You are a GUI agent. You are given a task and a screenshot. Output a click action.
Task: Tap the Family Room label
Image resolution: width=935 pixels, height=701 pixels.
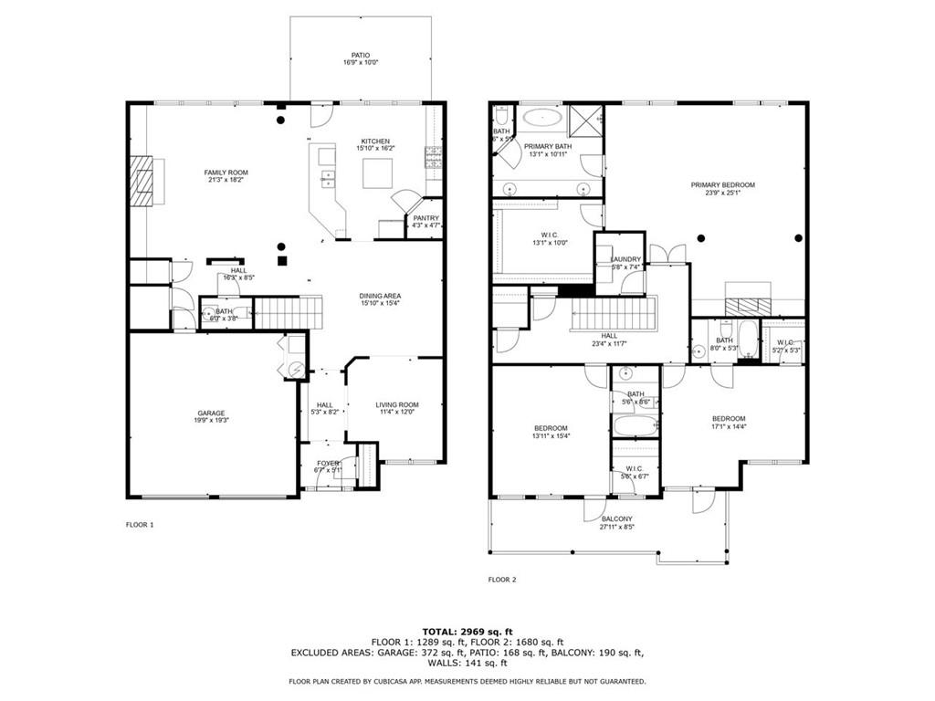[226, 173]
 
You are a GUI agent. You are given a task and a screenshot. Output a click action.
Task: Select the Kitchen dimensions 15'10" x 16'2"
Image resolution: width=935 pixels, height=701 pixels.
[375, 148]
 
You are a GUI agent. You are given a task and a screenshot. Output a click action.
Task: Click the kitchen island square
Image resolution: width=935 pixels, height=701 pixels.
[377, 173]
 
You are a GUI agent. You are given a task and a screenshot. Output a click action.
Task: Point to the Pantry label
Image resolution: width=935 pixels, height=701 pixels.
[426, 218]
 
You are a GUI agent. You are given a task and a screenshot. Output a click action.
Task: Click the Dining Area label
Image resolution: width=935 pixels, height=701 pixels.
[381, 296]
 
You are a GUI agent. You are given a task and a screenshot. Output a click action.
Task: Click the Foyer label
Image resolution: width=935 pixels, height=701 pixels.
[327, 464]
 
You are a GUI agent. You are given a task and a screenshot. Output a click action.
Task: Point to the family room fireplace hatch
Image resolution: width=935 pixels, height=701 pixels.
[141, 182]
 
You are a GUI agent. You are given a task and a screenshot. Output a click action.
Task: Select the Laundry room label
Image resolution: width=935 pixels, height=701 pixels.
[625, 260]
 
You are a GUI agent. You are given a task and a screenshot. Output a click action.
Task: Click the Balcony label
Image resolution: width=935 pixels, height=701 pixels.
[616, 519]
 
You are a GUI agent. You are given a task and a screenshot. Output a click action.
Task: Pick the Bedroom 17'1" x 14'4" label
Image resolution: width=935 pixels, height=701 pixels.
[729, 419]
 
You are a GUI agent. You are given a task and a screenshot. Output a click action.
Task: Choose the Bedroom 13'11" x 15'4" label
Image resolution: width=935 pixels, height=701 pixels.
[551, 428]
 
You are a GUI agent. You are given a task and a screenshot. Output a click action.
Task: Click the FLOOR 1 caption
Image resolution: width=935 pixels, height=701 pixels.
[140, 525]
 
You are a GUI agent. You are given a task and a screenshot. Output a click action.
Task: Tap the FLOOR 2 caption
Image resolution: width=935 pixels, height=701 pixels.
[502, 580]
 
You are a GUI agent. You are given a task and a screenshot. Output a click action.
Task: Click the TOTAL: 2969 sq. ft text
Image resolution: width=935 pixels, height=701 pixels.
[467, 632]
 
